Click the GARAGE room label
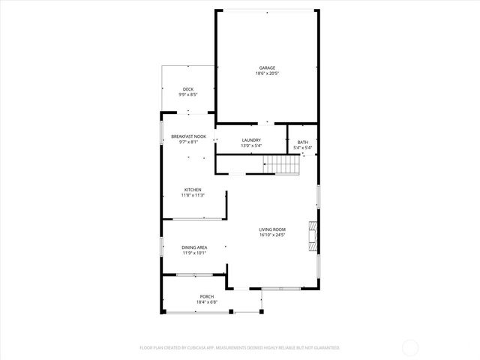tap(267, 67)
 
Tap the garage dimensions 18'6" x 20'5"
tap(267, 73)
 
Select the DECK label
tap(187, 89)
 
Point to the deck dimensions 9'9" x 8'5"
tap(187, 95)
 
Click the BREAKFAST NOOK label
tap(188, 136)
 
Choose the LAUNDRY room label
tap(251, 139)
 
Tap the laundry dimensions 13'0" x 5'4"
tap(251, 145)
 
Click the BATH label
tap(302, 142)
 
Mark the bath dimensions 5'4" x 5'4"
tap(302, 148)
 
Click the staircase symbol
tap(283, 165)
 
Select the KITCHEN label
tap(192, 189)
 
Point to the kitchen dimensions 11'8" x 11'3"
tap(192, 195)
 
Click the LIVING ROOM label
tap(272, 229)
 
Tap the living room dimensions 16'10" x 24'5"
tap(272, 235)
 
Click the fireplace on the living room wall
tap(312, 234)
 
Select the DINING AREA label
tap(194, 247)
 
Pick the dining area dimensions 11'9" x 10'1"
tap(194, 253)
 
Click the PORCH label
tap(207, 296)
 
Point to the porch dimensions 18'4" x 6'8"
tap(207, 302)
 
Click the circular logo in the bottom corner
tap(411, 347)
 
